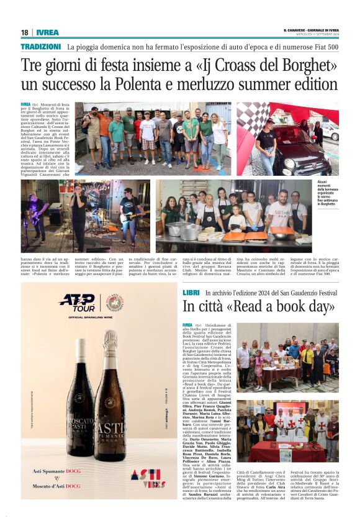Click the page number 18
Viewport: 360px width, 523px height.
tap(24, 32)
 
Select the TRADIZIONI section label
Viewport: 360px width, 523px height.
tap(41, 47)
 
